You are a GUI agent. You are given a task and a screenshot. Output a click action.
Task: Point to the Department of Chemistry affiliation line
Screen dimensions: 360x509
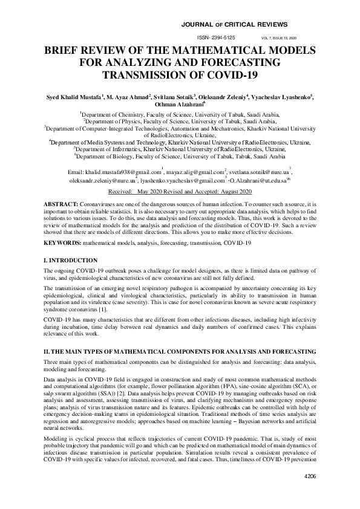click(180, 113)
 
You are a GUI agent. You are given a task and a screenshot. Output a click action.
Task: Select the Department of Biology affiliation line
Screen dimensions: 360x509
click(180, 156)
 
